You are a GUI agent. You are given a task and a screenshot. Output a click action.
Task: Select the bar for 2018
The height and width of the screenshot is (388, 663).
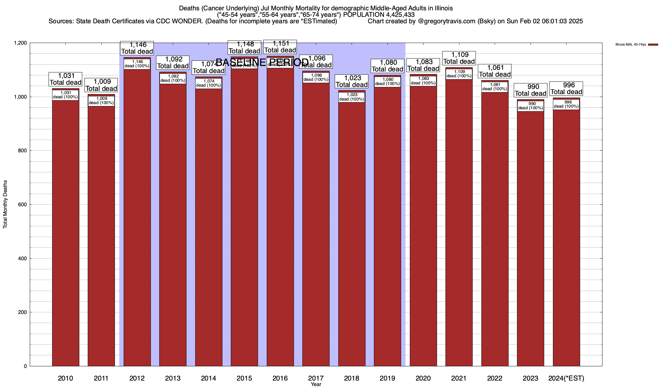click(352, 233)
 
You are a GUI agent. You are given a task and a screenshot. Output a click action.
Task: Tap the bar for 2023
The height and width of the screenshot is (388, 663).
click(530, 239)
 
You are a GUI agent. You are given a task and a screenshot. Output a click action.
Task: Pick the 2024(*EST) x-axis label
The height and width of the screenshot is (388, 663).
click(566, 378)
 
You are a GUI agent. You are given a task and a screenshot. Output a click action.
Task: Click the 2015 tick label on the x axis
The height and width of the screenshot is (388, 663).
click(244, 378)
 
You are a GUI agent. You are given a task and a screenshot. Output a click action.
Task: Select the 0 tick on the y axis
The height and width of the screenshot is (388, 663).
click(25, 366)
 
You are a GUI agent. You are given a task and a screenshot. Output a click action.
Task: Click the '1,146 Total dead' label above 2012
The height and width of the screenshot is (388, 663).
click(137, 48)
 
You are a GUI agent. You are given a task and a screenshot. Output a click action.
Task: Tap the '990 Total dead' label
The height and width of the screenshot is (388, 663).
click(530, 90)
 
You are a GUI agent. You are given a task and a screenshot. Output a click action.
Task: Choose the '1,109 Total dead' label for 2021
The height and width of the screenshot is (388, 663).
click(459, 58)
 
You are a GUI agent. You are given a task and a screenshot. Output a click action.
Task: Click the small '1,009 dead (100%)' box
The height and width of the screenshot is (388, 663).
click(101, 101)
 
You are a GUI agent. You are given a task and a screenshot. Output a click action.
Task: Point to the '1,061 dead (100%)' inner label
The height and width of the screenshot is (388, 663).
click(495, 87)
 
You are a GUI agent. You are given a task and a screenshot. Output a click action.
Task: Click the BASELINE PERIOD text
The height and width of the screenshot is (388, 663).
click(262, 62)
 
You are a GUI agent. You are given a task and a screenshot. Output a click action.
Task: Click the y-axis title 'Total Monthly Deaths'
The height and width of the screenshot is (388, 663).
click(5, 204)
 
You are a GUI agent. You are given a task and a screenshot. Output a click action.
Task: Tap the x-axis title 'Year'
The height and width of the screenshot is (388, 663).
click(316, 384)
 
